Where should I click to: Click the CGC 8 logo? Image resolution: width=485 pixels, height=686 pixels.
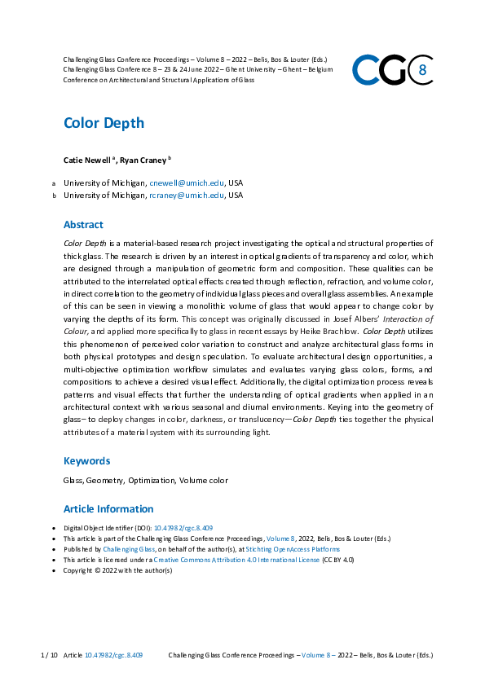pos(392,69)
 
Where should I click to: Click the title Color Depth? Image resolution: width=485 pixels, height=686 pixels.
pos(104,123)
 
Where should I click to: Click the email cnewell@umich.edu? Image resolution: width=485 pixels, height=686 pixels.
pos(186,182)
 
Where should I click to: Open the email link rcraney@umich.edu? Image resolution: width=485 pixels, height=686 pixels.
pos(186,196)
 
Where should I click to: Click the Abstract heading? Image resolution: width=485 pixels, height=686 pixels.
pos(83,225)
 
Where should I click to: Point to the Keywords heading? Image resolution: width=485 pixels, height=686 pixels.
pos(86,461)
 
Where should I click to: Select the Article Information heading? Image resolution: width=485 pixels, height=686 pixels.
pos(108,509)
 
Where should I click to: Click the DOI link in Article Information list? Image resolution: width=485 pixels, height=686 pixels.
pos(183,528)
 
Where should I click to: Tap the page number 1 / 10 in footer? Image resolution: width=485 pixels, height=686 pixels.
pos(48,655)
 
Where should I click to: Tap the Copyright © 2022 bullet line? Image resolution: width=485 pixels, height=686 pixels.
pos(117,570)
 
